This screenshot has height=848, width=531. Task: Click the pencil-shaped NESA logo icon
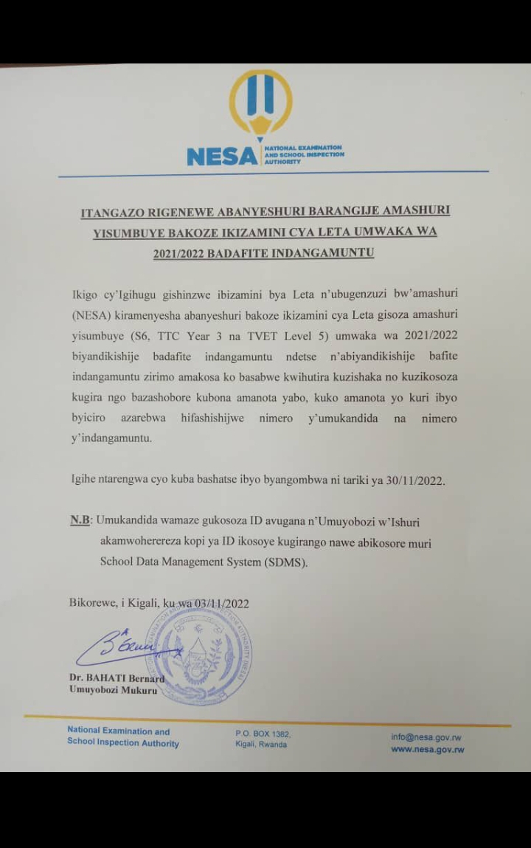[x=261, y=103]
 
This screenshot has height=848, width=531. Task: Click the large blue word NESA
[x=222, y=156]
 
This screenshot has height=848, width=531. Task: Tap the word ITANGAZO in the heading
[x=113, y=212]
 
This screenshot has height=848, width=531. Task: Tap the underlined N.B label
[x=80, y=521]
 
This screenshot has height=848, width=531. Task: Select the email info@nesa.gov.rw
[x=426, y=737]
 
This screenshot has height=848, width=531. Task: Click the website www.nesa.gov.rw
[x=427, y=750]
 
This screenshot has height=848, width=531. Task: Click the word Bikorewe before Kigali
[x=92, y=603]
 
